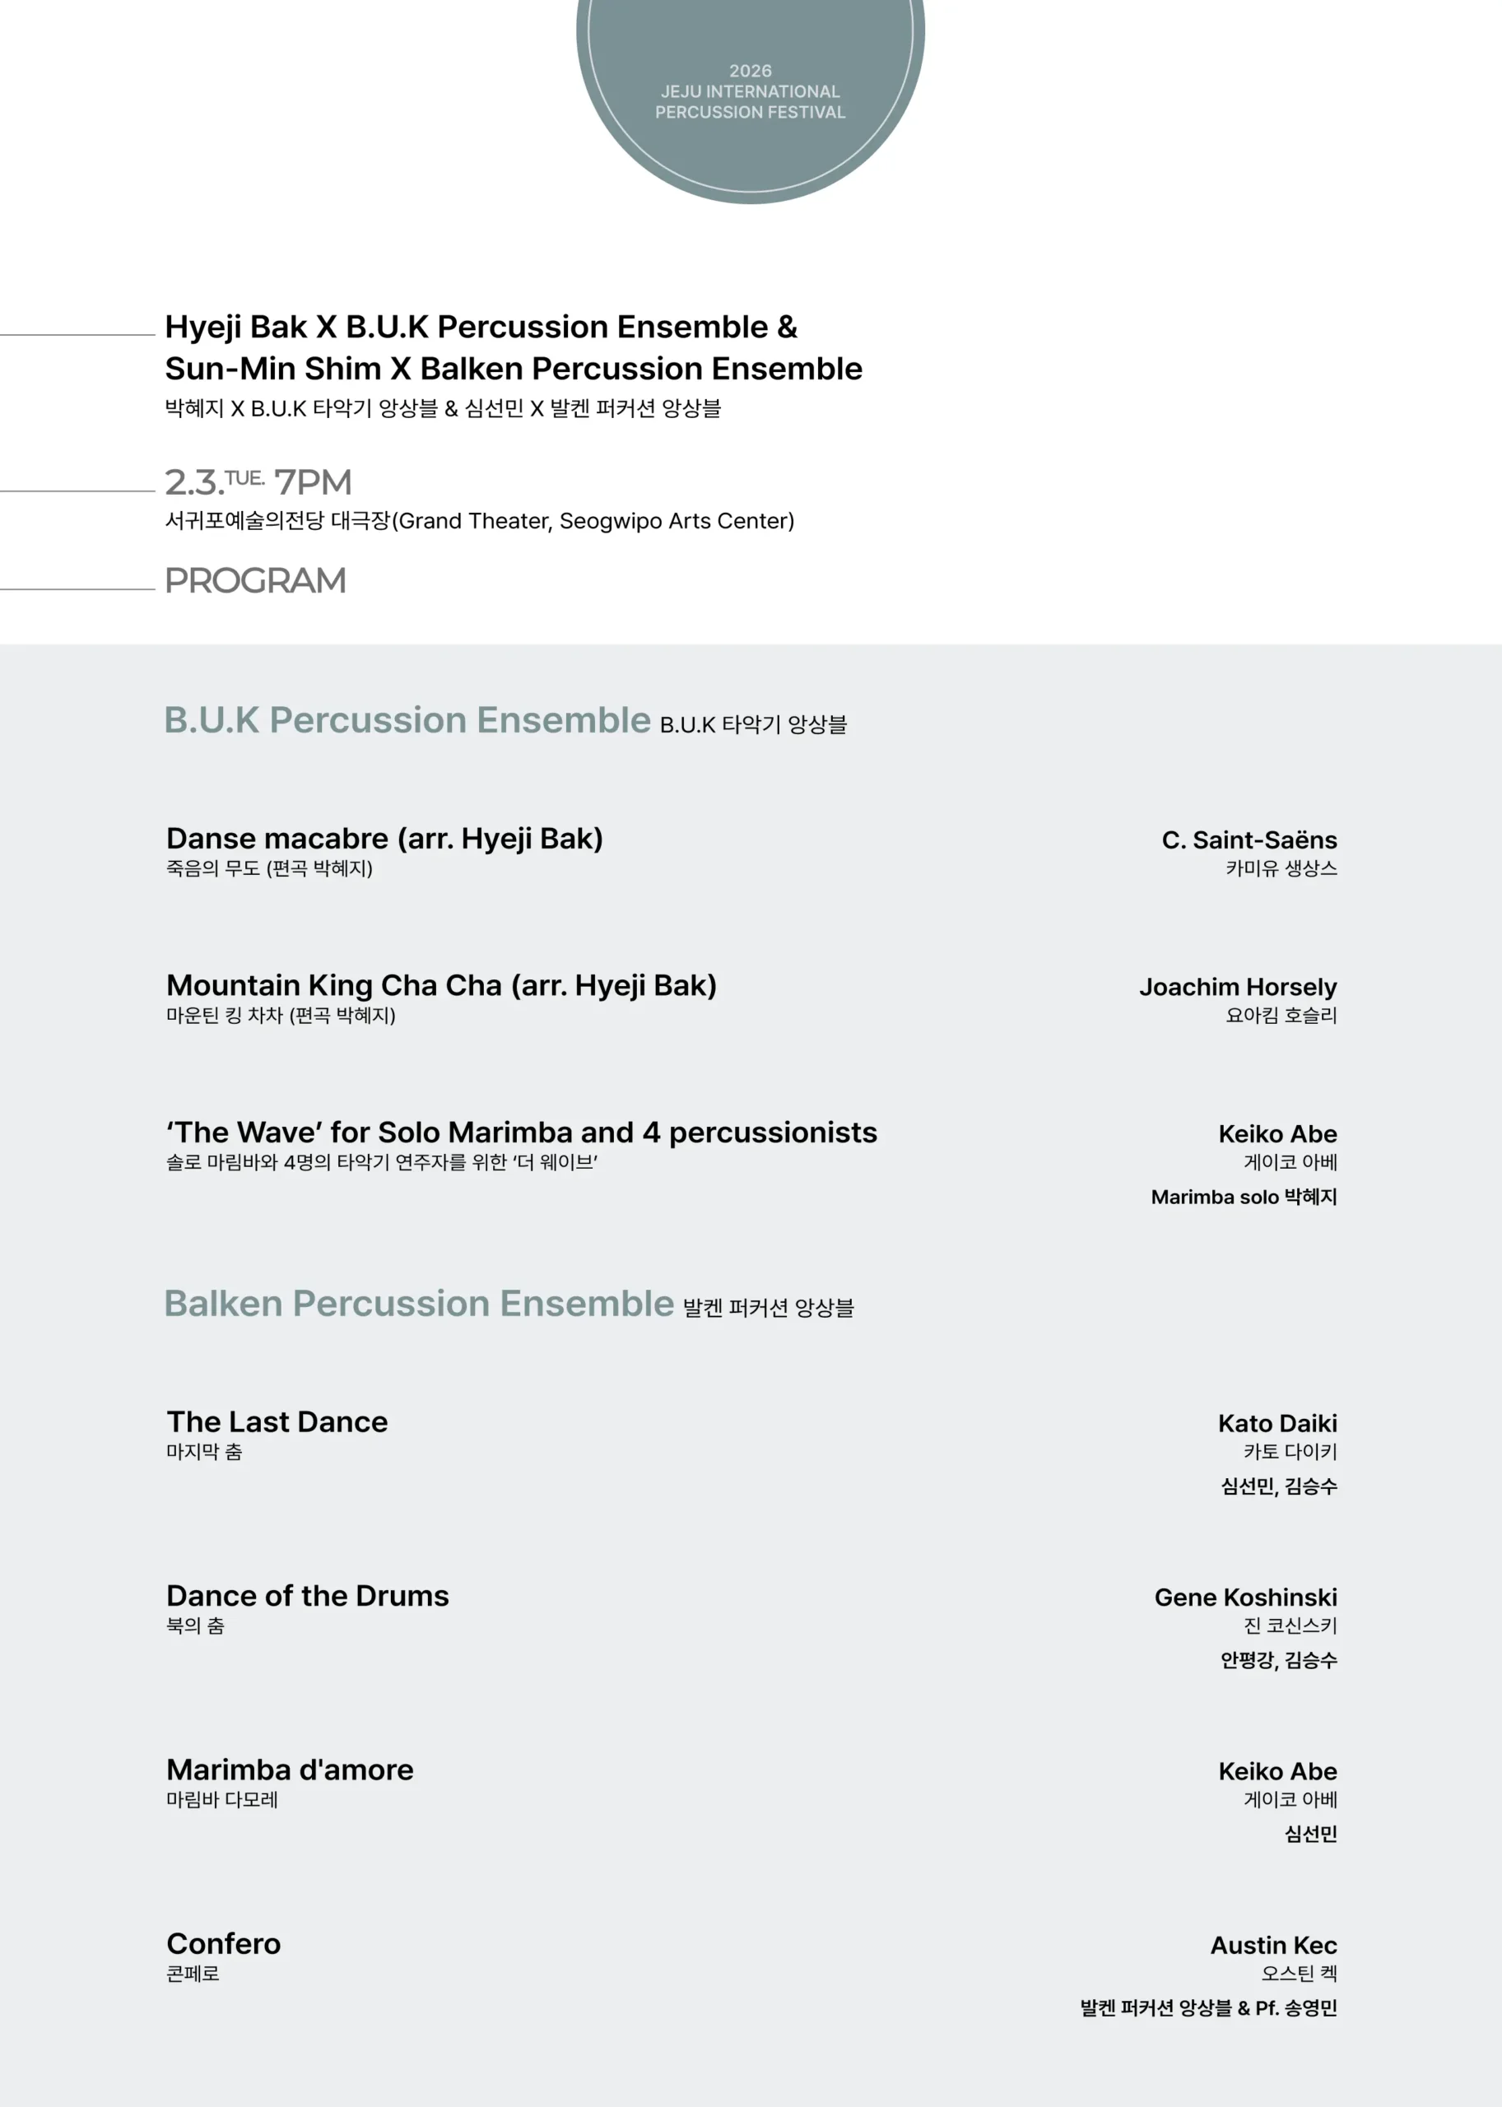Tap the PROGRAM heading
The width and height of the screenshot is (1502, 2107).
(255, 581)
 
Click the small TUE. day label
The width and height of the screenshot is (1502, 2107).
(245, 477)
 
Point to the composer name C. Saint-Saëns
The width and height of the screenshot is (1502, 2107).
(1249, 840)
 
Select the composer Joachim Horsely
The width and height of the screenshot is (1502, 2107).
(1238, 987)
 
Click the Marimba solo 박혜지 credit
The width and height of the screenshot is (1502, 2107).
(1243, 1197)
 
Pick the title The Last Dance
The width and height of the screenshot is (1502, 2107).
(277, 1421)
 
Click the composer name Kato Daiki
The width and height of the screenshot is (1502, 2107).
(1277, 1424)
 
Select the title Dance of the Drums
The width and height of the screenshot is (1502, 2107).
(307, 1596)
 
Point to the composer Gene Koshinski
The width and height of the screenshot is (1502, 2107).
(1245, 1598)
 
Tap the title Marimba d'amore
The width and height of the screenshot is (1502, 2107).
(290, 1770)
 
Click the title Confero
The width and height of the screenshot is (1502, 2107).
(224, 1943)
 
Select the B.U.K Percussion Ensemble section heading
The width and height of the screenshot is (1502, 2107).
(407, 720)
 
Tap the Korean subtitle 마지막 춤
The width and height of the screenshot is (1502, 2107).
(204, 1452)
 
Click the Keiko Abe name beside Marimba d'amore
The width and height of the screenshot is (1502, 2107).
(1277, 1771)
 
